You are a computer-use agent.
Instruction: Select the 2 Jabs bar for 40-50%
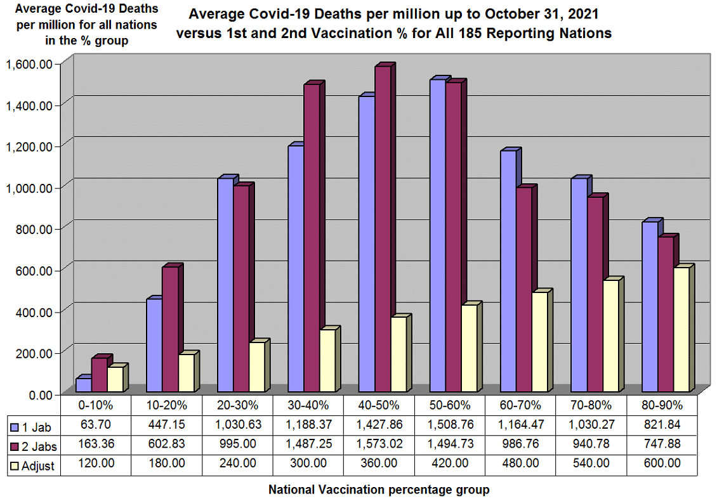click(383, 229)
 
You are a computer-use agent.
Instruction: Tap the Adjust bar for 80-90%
click(681, 330)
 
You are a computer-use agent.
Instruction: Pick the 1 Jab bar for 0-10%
click(83, 385)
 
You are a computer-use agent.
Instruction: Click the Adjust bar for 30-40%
click(327, 361)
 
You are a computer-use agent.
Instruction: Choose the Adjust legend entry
click(36, 465)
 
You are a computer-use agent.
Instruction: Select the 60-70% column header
click(520, 405)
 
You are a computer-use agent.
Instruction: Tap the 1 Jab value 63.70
click(96, 424)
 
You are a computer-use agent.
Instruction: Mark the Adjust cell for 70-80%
click(591, 464)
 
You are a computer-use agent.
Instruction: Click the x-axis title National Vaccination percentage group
click(379, 490)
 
